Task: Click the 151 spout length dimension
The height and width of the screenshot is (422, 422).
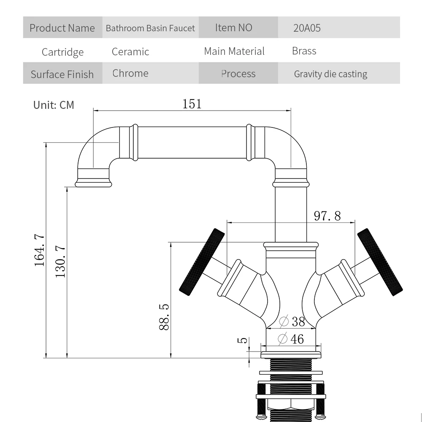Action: pos(192,104)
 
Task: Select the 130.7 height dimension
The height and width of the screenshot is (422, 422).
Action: pos(60,262)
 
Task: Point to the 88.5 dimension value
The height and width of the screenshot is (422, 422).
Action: pos(164,317)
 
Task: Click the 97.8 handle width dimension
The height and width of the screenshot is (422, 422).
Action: pos(327,216)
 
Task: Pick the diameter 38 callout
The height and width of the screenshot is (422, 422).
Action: pos(292,322)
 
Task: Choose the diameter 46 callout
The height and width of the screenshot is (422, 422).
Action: pos(291,338)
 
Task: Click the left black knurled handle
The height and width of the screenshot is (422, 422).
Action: pos(202,262)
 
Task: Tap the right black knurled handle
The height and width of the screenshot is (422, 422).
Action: pos(379,262)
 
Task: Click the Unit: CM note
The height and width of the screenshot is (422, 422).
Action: pos(54,105)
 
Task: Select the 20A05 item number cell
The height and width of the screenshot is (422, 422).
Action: pos(307,28)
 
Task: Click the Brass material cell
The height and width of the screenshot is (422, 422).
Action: pos(304,51)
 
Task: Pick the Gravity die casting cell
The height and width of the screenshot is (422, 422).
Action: pos(330,74)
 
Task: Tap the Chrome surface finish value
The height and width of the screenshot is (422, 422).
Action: pos(130,73)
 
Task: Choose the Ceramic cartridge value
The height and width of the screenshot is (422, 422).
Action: pos(130,51)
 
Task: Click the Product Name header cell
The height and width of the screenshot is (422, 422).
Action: pos(62,28)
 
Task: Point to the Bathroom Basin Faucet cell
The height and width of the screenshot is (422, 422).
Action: pos(150,28)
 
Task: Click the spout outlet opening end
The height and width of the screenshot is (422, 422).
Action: pos(94,184)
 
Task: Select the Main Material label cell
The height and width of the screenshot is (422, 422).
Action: pos(234,51)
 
